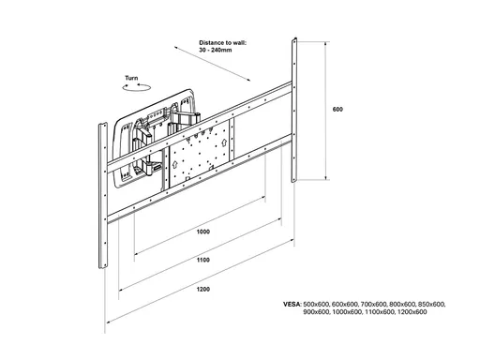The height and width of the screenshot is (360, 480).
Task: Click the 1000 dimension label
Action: point(203,232)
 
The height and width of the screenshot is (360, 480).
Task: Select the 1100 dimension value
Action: point(203,260)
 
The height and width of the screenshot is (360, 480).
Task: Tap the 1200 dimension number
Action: point(203,289)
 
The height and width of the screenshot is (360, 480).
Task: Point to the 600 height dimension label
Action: point(337,109)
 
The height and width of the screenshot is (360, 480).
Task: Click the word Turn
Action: point(131,78)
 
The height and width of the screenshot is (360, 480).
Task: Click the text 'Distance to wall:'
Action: point(222,43)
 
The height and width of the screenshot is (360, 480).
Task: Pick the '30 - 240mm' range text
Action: point(216,50)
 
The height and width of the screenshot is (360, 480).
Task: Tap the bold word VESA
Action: point(292,304)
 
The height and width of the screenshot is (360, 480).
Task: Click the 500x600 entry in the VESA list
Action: point(316,304)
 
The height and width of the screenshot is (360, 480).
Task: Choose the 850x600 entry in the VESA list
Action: point(432,304)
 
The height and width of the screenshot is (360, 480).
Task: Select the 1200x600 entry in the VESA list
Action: point(412,312)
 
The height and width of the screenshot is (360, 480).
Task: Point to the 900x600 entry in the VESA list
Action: point(316,312)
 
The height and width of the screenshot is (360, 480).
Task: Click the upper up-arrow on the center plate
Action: point(224,142)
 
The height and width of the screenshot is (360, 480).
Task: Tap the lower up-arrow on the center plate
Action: point(174,164)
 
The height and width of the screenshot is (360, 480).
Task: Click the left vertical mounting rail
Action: point(103,195)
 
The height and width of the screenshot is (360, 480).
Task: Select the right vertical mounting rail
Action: point(294,110)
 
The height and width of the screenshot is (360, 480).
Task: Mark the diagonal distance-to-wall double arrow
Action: point(212,64)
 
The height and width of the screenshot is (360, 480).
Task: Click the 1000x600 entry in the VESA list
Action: point(347,312)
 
